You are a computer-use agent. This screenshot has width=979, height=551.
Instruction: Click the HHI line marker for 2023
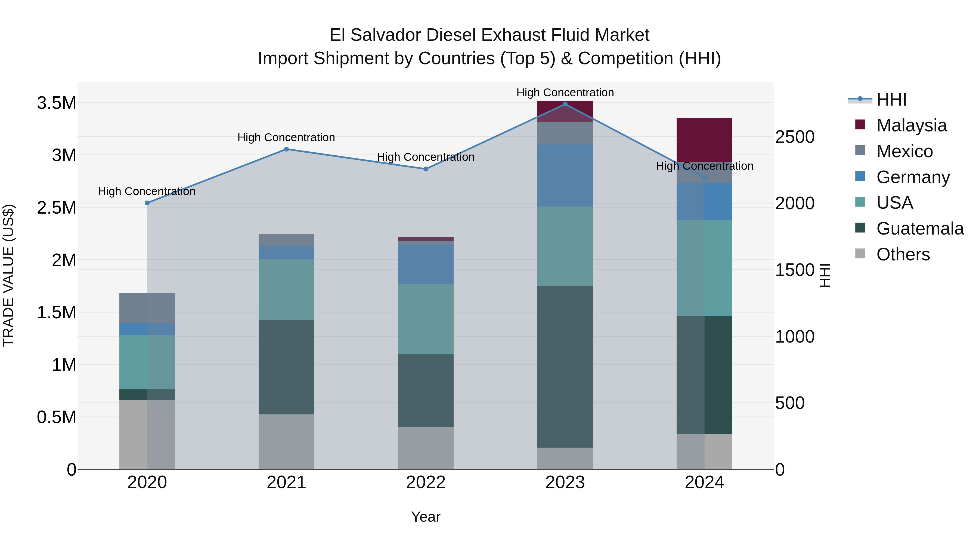(x=565, y=104)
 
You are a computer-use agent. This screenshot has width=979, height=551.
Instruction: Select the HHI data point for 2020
(x=147, y=203)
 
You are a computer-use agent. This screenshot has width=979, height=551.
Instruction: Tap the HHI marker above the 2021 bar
(x=287, y=149)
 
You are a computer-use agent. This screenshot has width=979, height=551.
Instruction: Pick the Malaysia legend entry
(x=911, y=125)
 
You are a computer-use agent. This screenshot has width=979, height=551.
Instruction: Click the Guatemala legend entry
(x=920, y=229)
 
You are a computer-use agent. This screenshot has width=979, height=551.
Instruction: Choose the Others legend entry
(x=903, y=254)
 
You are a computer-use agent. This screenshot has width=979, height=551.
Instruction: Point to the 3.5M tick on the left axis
(x=57, y=103)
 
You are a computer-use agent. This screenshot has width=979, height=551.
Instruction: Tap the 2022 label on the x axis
(x=426, y=482)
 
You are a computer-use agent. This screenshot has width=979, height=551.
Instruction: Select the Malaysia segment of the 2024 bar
(x=704, y=140)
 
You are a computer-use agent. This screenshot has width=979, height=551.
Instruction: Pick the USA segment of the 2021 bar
(x=287, y=290)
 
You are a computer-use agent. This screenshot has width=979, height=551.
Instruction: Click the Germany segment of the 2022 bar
(x=426, y=264)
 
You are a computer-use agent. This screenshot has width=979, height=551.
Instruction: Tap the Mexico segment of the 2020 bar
(x=147, y=308)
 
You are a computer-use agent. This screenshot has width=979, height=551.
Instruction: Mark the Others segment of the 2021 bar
(x=287, y=442)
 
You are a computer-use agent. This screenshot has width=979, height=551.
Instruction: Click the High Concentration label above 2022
(x=426, y=157)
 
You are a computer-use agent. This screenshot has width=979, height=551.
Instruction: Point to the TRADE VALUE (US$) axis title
(x=8, y=275)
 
